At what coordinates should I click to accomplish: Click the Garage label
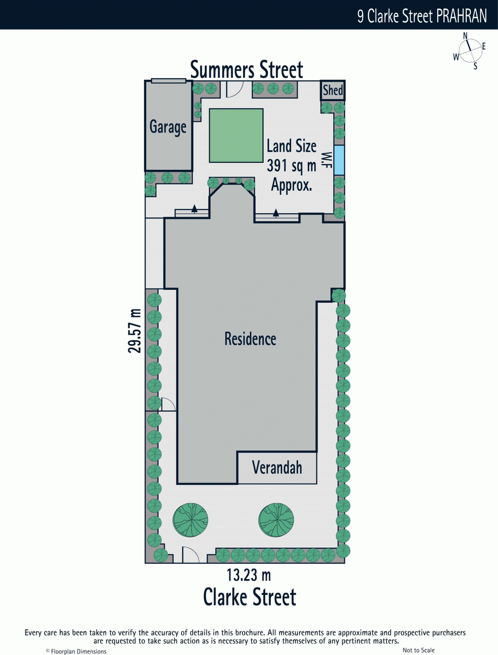tap(168, 127)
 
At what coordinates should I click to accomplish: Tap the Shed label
tap(333, 90)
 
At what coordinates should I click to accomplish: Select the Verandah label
tap(277, 468)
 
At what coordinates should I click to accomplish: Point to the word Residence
tap(250, 339)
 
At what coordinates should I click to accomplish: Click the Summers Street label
tap(247, 69)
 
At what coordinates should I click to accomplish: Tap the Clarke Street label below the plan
tap(249, 597)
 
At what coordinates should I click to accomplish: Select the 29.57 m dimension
tap(135, 331)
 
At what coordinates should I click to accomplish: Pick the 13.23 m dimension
tap(249, 575)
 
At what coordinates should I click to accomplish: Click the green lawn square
tap(236, 136)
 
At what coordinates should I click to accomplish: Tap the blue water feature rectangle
tap(339, 160)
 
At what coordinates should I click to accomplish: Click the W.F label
tap(327, 160)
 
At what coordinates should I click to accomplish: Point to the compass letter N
tap(465, 36)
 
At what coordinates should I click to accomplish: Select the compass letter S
tap(475, 66)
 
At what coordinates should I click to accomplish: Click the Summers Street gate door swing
tap(235, 89)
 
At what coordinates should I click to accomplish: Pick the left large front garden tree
tap(190, 520)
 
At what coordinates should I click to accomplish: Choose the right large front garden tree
tap(276, 520)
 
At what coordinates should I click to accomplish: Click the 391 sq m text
tap(291, 166)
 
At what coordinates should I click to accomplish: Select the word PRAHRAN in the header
tap(462, 16)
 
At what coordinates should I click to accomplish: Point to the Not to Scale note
tap(418, 650)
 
